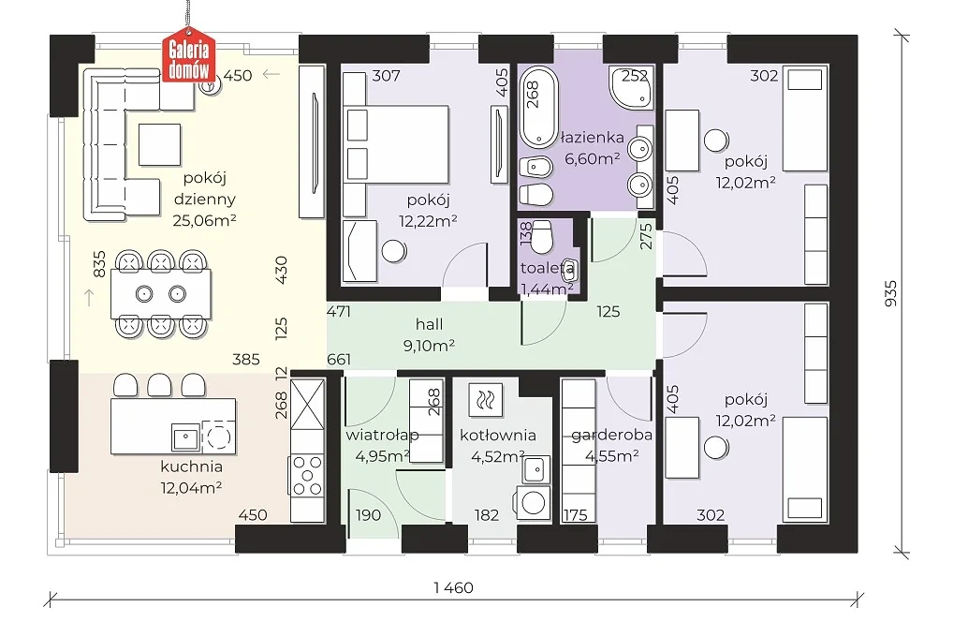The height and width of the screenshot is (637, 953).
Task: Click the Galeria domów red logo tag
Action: tap(188, 54)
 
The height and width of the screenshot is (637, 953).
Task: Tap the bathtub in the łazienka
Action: tap(538, 107)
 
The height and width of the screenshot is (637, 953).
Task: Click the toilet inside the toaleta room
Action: tap(540, 237)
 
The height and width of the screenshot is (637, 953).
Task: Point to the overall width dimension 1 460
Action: tap(453, 587)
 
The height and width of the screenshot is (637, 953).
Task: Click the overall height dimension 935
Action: tap(890, 292)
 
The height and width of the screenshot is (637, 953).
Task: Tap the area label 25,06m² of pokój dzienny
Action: tap(204, 220)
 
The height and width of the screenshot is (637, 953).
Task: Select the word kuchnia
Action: tap(192, 467)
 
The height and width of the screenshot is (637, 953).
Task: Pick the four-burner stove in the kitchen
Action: tap(307, 475)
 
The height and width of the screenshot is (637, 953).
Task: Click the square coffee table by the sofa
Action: tap(159, 145)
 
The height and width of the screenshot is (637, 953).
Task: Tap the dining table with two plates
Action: tap(161, 294)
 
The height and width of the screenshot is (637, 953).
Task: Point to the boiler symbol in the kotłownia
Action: tap(485, 399)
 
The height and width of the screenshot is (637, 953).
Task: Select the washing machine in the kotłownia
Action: tap(533, 502)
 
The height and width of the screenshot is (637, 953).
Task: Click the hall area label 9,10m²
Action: tap(429, 346)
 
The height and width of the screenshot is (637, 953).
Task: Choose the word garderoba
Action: tap(611, 436)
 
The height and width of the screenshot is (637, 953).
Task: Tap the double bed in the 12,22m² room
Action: tap(396, 144)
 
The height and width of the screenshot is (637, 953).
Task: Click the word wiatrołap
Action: tap(382, 435)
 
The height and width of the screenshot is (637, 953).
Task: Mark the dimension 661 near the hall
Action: tap(339, 360)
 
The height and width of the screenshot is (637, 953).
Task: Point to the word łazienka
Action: tap(592, 138)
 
